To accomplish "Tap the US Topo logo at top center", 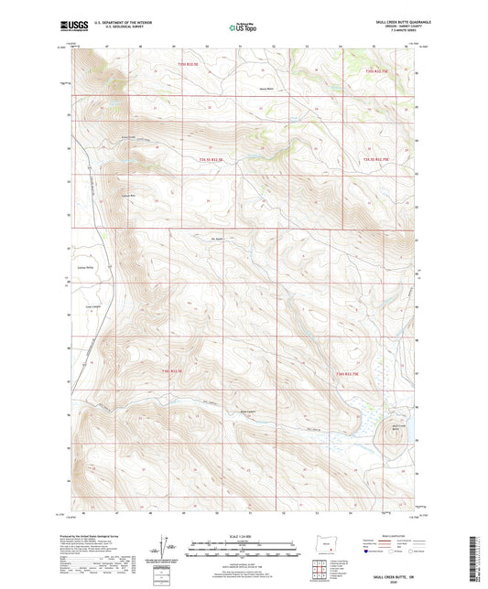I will tap(243, 28).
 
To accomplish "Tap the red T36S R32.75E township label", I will tap(351, 374).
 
